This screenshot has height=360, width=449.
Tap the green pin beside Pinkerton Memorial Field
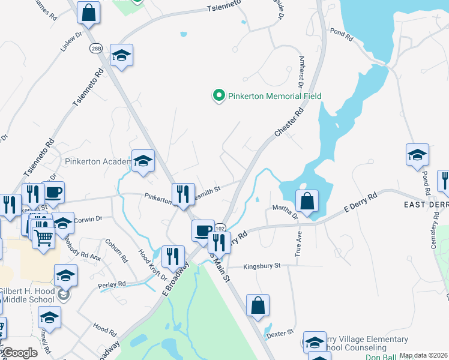219,95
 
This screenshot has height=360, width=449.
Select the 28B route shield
96,49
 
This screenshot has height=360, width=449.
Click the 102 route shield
220,228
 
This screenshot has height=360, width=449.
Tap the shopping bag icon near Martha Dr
307,201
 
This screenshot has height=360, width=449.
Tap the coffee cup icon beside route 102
203,230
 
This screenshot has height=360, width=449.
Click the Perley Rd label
113,283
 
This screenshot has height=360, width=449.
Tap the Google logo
19,353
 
